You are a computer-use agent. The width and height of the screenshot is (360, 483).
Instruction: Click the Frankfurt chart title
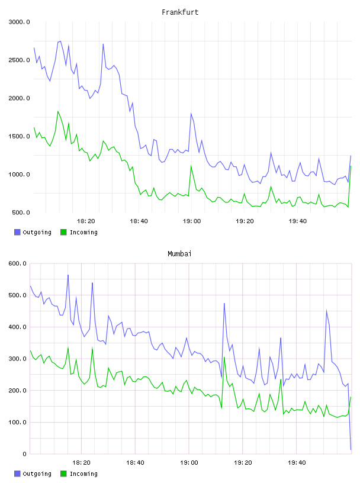(180, 12)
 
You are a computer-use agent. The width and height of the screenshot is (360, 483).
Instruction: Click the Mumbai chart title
(179, 254)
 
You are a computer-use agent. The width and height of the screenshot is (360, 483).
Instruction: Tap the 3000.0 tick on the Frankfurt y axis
(19, 22)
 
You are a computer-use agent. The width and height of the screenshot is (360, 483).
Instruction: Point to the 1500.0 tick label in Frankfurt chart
(19, 136)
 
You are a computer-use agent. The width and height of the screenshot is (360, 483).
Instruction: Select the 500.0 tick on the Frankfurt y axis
(21, 212)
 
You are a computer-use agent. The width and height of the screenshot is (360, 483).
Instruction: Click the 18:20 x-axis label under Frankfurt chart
(86, 221)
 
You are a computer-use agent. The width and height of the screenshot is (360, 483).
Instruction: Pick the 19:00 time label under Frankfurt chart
(192, 221)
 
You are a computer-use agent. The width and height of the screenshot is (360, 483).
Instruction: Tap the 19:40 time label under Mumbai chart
(297, 463)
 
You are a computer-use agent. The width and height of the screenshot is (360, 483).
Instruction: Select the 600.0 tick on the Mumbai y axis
(17, 263)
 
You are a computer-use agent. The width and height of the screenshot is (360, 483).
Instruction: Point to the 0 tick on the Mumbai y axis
(24, 454)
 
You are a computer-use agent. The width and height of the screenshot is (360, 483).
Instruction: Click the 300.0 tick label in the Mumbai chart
(17, 359)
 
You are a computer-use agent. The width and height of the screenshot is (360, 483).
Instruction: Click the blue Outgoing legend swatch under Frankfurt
(17, 232)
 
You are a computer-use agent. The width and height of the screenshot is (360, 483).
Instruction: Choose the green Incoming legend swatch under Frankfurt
(63, 232)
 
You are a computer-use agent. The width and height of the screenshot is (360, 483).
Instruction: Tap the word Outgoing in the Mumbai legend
(37, 474)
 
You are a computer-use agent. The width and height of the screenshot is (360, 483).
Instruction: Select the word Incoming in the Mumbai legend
(83, 474)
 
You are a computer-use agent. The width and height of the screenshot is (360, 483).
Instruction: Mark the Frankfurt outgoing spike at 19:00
(191, 114)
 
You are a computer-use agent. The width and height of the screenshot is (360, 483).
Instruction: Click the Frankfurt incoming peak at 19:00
(191, 166)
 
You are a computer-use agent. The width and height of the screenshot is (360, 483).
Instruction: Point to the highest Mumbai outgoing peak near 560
(68, 275)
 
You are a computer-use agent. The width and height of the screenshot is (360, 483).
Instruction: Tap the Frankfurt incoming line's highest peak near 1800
(57, 111)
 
